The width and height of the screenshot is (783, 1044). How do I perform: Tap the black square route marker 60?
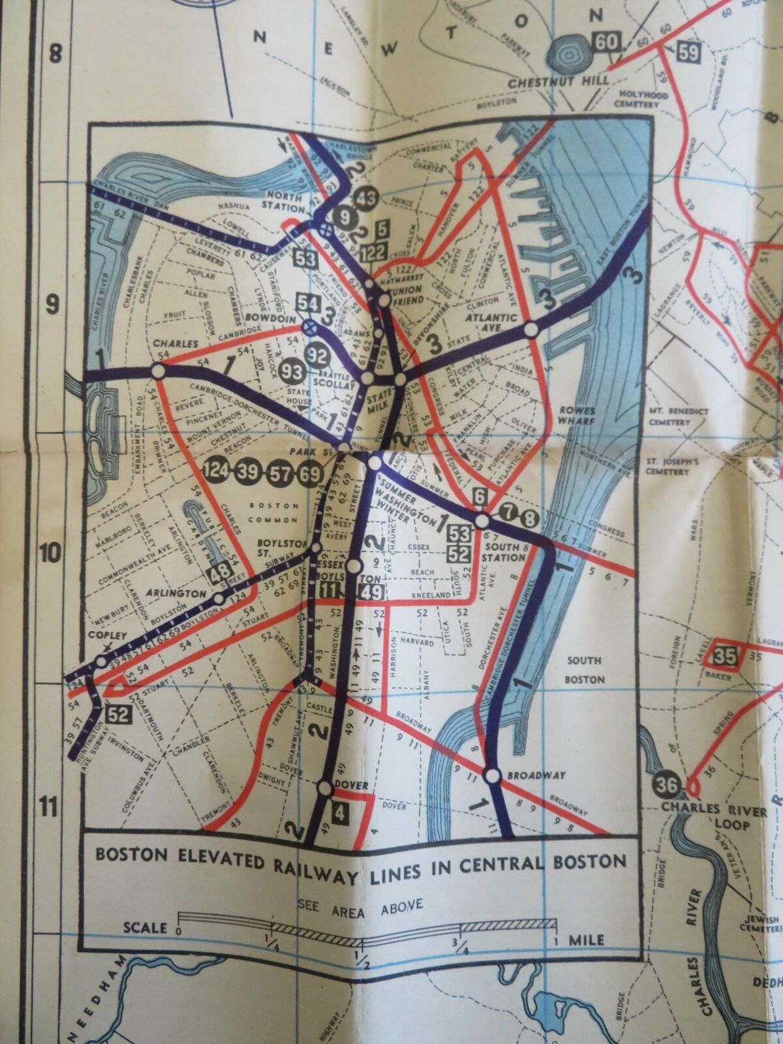pyautogui.click(x=605, y=42)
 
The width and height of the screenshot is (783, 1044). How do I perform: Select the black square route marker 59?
pyautogui.click(x=688, y=52)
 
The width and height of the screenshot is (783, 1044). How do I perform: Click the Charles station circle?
pyautogui.click(x=157, y=371)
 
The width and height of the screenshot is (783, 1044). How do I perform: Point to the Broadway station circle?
pyautogui.click(x=493, y=776)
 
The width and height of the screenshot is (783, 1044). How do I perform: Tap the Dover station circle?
pyautogui.click(x=325, y=788)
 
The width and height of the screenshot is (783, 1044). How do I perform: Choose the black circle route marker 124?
pyautogui.click(x=216, y=471)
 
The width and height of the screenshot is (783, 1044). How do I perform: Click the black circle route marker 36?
pyautogui.click(x=667, y=786)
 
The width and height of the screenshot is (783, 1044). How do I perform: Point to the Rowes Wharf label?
pyautogui.click(x=576, y=416)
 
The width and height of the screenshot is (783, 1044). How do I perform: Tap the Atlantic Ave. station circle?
pyautogui.click(x=532, y=330)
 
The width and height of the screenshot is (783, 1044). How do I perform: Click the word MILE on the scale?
pyautogui.click(x=585, y=940)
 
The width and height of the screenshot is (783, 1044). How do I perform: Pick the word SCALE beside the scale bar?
pyautogui.click(x=145, y=928)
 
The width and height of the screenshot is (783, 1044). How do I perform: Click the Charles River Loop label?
pyautogui.click(x=714, y=818)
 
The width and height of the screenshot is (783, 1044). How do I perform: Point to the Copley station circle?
pyautogui.click(x=100, y=662)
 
